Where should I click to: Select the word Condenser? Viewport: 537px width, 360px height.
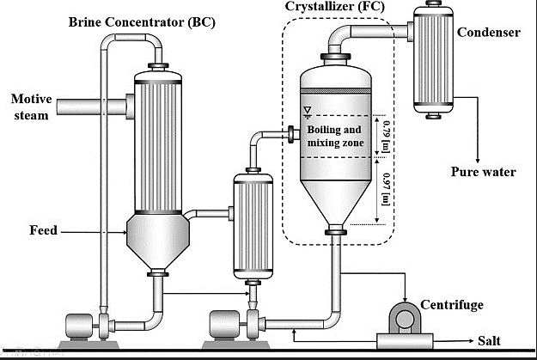click(488, 33)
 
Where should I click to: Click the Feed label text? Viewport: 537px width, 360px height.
click(43, 230)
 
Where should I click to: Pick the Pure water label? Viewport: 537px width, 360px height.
click(484, 172)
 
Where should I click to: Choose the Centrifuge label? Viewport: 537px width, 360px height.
click(452, 304)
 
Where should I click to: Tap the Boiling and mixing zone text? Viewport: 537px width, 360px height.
click(336, 137)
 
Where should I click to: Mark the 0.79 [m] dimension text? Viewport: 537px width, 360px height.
click(384, 135)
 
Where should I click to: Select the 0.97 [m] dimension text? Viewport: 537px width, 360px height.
click(384, 189)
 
